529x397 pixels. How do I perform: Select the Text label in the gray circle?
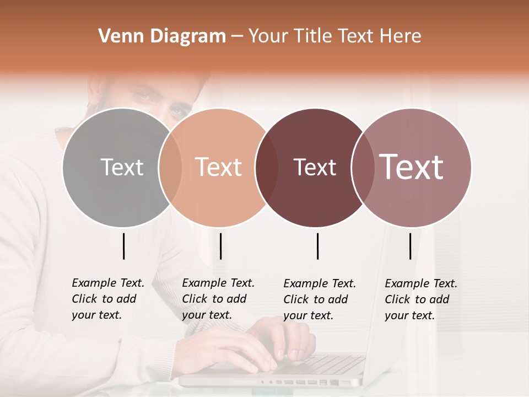coord(122,167)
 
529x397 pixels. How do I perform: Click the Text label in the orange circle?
coord(218,167)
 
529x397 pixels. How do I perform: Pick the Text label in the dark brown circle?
coord(315,167)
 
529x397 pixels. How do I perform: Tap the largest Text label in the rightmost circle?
coord(412,167)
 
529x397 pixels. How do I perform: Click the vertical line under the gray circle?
coord(123,246)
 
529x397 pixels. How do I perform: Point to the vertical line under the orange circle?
coord(220,246)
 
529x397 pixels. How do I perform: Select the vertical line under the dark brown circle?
coord(317,246)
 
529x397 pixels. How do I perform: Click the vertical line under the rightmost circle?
coord(410,246)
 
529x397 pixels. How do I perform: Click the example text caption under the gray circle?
coord(107,299)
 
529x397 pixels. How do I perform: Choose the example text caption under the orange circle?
coord(218,299)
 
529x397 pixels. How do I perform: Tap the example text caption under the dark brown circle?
coord(319,299)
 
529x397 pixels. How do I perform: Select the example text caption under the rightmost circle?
coord(420,299)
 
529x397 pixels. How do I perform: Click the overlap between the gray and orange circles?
coord(170,167)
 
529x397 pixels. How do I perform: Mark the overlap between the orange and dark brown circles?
coord(267,167)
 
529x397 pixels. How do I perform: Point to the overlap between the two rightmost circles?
coord(362,167)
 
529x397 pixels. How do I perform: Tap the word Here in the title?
coord(401,36)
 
